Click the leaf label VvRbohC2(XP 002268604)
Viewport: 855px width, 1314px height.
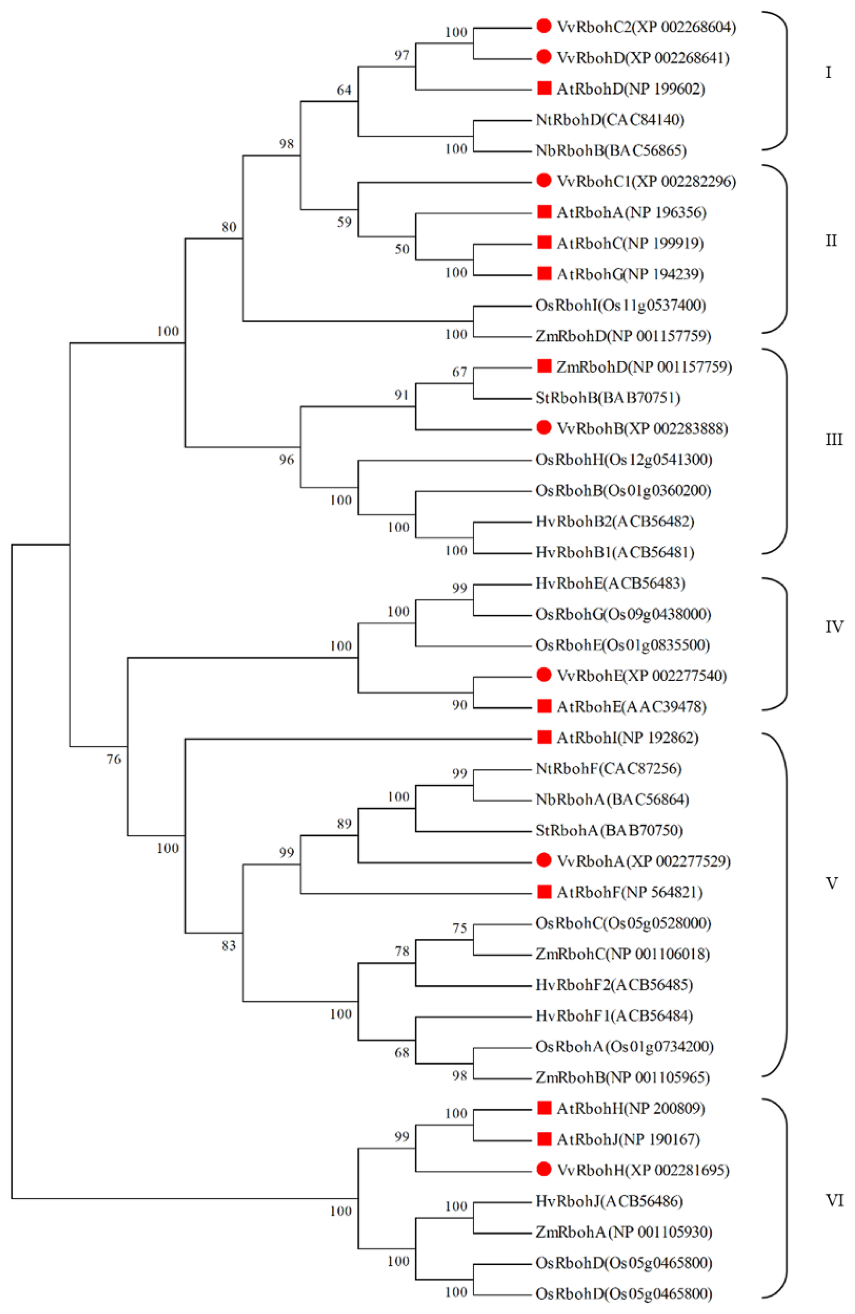(646, 27)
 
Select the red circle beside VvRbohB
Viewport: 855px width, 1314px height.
(544, 428)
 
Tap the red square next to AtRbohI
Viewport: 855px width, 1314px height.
(544, 737)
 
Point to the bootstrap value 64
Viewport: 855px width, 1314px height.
(344, 90)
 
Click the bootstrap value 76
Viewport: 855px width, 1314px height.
(113, 759)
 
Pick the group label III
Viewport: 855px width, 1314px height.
(833, 439)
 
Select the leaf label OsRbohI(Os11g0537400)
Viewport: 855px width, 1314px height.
(620, 305)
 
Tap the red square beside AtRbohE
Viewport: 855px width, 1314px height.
(544, 706)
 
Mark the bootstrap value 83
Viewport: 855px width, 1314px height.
(229, 946)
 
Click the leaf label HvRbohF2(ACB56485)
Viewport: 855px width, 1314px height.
(614, 985)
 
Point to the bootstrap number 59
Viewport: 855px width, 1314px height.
(344, 222)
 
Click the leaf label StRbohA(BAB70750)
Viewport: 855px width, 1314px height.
(609, 830)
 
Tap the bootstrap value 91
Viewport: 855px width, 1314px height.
(402, 395)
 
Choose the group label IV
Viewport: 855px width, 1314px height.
(834, 626)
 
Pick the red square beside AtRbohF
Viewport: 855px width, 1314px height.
(544, 892)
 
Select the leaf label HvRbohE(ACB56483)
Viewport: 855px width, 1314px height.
(610, 583)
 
